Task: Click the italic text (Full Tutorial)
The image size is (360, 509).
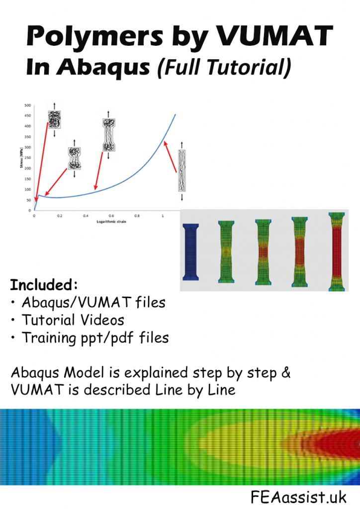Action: click(223, 68)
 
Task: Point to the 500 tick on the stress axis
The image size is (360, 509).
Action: click(27, 105)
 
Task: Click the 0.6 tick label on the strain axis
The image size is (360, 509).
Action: click(111, 216)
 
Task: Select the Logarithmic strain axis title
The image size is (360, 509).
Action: click(111, 222)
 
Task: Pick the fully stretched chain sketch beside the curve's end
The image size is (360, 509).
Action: click(182, 170)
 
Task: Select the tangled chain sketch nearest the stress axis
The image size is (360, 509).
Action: click(54, 119)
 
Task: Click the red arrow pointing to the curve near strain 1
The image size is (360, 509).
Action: click(171, 156)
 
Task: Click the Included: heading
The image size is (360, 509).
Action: click(44, 285)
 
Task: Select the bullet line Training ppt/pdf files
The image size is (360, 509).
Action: click(95, 338)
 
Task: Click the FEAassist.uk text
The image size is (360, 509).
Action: click(299, 496)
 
